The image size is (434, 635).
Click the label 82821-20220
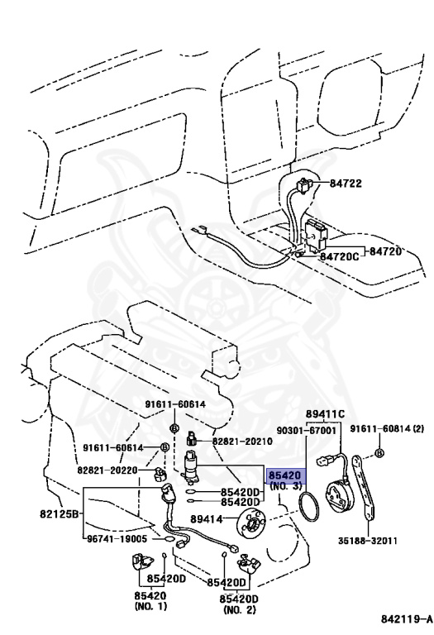(109, 470)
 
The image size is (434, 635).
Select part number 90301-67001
(306, 431)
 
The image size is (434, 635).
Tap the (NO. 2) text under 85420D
(239, 609)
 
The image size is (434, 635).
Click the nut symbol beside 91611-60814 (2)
(379, 454)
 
